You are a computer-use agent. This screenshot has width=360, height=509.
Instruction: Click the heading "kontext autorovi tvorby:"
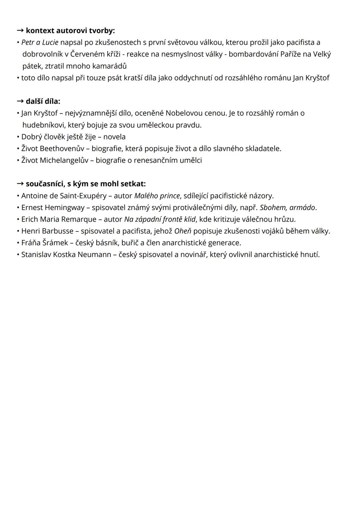click(70, 31)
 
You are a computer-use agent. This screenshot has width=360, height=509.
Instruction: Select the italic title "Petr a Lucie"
click(40, 42)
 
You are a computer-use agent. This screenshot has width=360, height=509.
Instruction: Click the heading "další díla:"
click(43, 101)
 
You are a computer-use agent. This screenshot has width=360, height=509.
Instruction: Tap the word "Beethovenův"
click(62, 148)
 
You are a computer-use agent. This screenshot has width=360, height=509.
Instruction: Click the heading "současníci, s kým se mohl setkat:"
click(85, 184)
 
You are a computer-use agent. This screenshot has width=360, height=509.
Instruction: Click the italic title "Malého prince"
click(157, 195)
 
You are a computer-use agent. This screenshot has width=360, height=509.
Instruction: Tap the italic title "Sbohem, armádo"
click(287, 207)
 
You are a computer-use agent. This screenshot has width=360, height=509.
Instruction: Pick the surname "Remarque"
click(79, 219)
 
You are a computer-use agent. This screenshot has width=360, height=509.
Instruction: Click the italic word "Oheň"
click(182, 231)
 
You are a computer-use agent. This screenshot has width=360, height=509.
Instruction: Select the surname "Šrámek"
click(55, 242)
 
